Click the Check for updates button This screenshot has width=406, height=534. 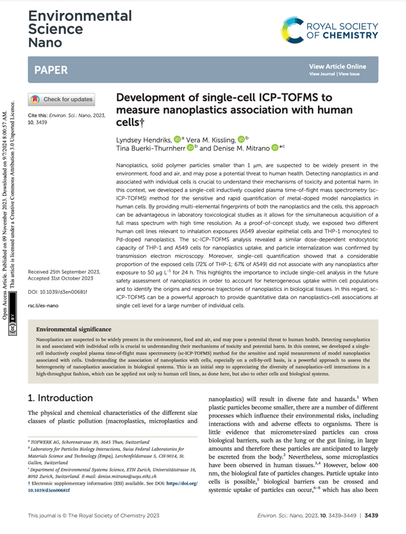pos(70,99)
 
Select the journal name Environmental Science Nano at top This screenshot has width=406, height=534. pos(62,26)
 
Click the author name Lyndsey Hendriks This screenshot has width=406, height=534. pos(141,138)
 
